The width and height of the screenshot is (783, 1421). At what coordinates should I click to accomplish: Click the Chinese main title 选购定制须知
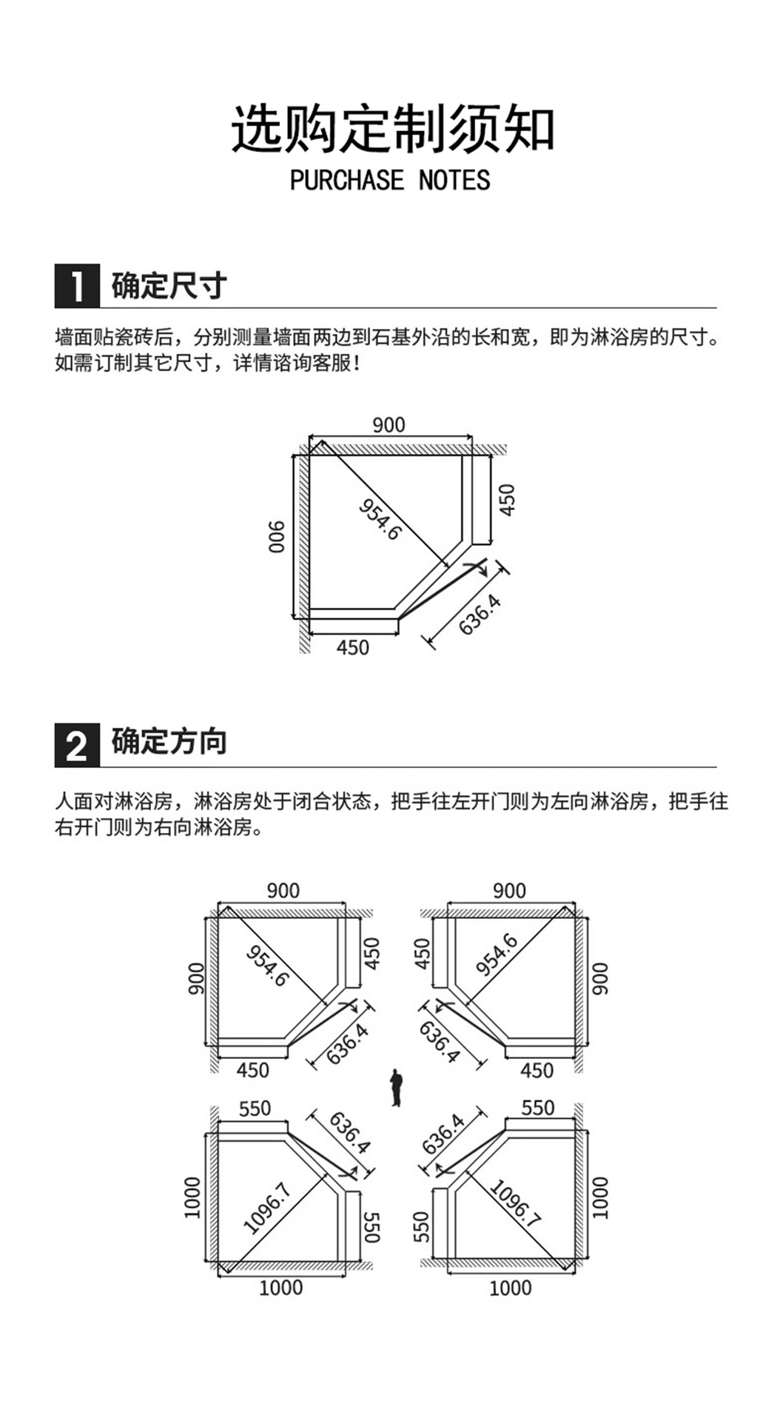tap(392, 130)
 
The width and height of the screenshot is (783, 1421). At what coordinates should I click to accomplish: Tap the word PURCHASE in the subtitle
tap(347, 180)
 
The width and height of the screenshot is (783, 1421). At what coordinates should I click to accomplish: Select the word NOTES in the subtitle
tap(454, 180)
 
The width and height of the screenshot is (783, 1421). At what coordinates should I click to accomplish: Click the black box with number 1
tap(77, 286)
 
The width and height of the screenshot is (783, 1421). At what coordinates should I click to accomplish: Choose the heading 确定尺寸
tap(169, 286)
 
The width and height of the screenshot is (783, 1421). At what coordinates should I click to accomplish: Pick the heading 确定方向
tap(169, 742)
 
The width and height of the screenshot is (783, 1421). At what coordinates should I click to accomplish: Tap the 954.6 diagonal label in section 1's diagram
tap(380, 518)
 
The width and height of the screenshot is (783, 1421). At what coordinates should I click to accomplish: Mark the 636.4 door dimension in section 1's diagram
tap(480, 614)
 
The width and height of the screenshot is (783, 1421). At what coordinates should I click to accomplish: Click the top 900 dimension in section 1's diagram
tap(389, 424)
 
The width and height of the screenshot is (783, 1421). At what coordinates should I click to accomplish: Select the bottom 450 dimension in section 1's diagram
tap(352, 647)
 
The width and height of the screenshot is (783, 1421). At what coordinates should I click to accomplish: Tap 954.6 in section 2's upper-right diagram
tap(497, 954)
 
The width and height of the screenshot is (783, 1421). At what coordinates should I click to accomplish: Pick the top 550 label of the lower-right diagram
tap(537, 1108)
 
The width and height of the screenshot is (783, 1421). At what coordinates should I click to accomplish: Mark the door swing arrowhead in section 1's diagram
tap(483, 571)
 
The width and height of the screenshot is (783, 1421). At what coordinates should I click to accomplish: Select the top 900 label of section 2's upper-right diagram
tap(509, 890)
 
